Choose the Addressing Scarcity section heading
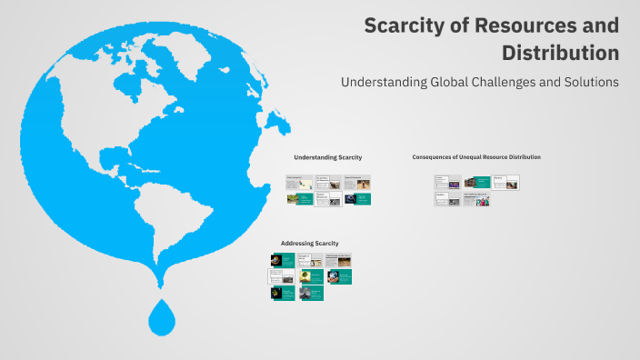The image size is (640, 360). (x=309, y=244)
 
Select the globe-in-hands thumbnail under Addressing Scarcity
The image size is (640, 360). (x=334, y=275)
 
